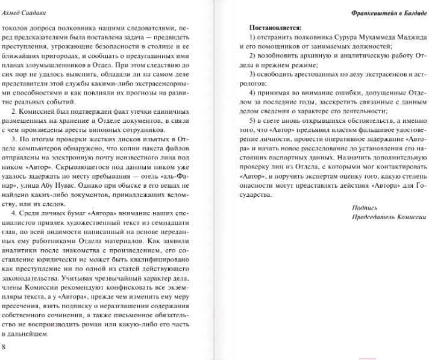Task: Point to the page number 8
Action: click(4, 346)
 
